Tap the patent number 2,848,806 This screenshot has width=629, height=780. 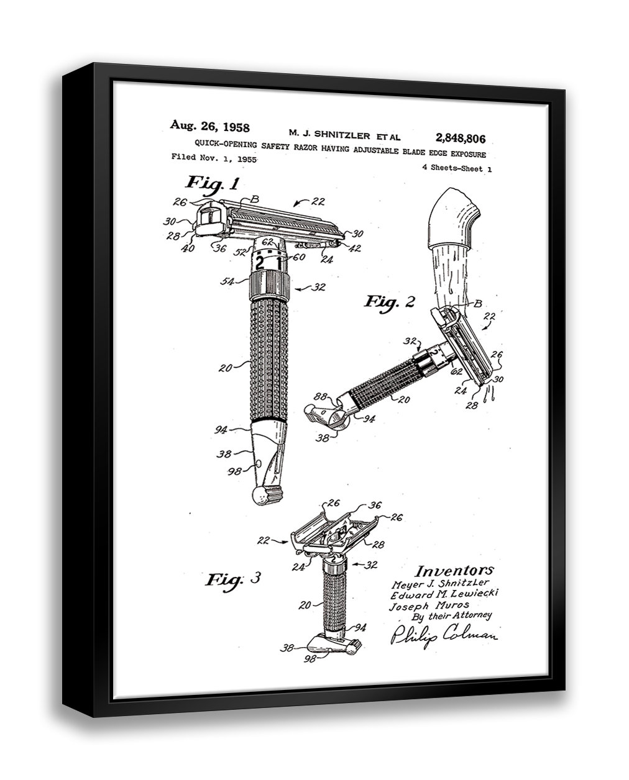(461, 138)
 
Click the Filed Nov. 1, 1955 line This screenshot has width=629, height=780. (214, 158)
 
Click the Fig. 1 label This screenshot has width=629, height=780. (212, 183)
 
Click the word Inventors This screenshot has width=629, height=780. (454, 570)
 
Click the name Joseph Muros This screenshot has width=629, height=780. (429, 605)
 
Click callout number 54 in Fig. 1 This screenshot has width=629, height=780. (227, 283)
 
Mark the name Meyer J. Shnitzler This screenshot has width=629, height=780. (441, 583)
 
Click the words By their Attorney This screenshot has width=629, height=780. (452, 616)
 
